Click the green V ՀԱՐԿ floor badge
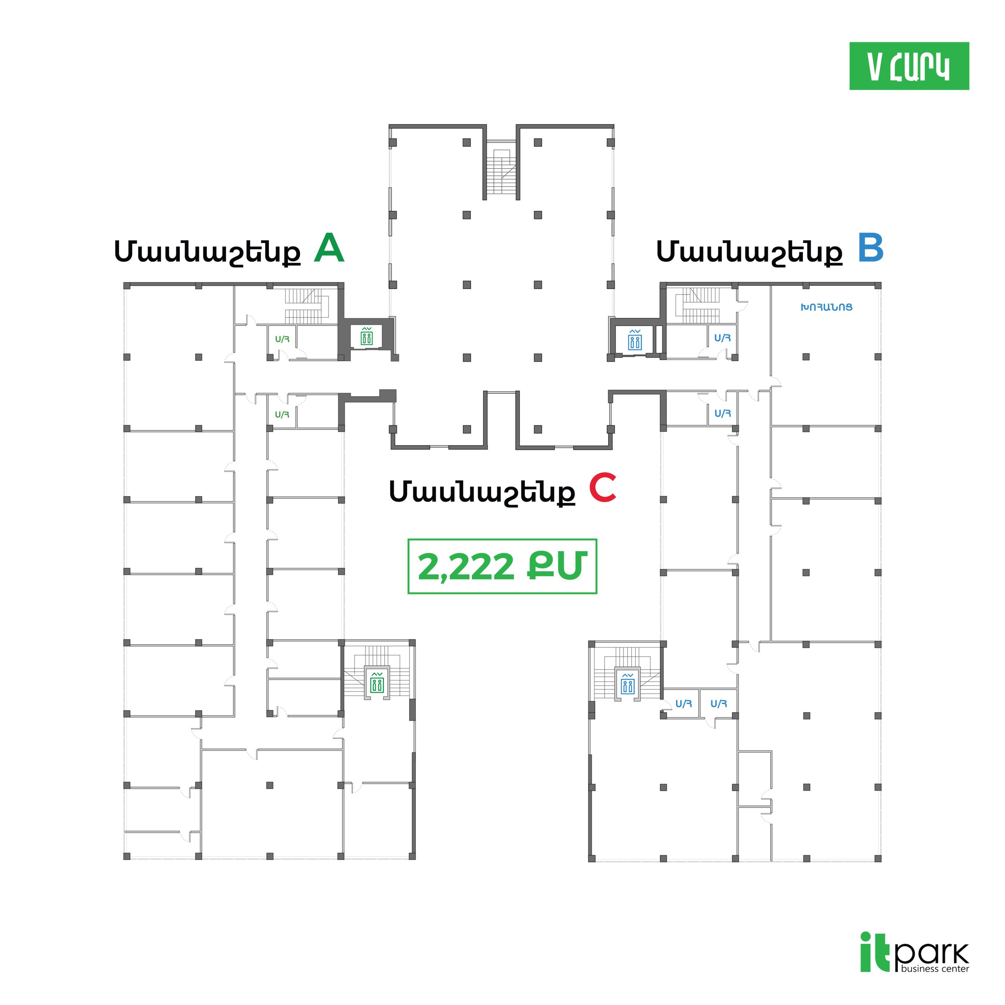point(909,66)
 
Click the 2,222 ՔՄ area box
point(502,566)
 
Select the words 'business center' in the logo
point(935,968)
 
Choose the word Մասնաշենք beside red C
point(482,492)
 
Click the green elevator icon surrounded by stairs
point(376,682)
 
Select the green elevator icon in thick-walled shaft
point(367,336)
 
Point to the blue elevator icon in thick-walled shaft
point(635,340)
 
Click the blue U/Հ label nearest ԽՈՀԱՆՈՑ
point(722,338)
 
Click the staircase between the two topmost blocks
point(501,169)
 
